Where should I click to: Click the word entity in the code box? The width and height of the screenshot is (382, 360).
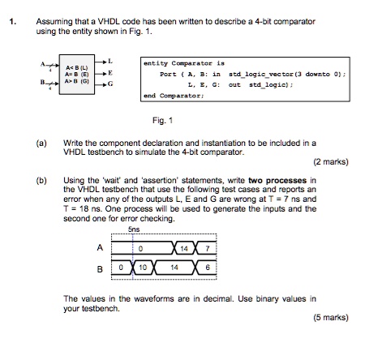pos(156,62)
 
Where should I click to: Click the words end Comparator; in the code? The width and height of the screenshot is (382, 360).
pos(174,95)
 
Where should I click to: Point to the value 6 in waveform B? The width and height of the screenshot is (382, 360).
pos(209,267)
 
